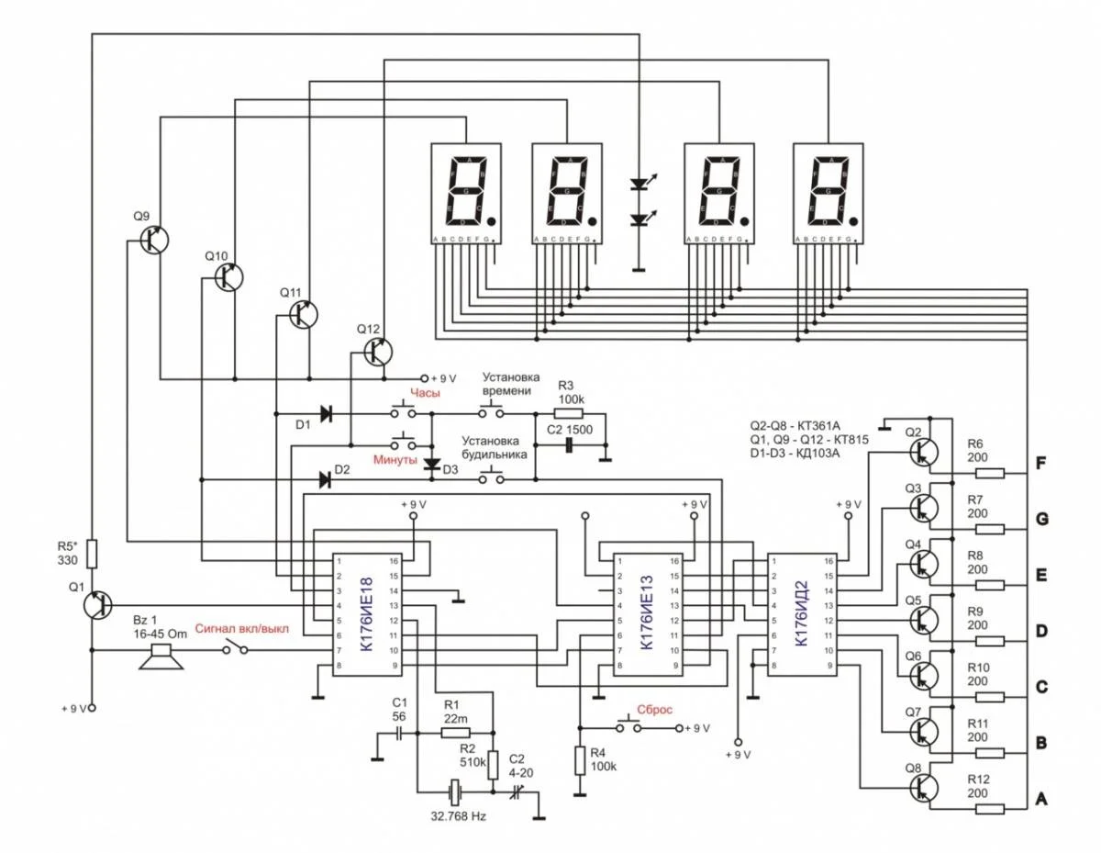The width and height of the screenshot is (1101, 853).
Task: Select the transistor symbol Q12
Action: point(376,351)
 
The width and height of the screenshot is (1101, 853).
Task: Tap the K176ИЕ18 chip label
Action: point(368,613)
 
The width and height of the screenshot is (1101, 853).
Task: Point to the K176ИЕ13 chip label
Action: point(647,613)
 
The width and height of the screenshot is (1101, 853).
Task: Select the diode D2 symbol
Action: point(323,478)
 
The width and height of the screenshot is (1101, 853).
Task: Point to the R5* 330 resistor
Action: point(92,552)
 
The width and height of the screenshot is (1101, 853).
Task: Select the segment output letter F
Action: point(1040,463)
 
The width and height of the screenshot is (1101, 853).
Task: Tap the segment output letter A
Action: point(1040,800)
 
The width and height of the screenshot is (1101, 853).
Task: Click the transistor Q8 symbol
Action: point(921,788)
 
